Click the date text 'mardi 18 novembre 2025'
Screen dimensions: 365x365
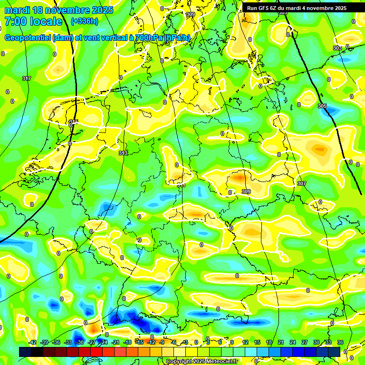(58, 10)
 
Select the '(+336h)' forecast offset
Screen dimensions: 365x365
(84, 21)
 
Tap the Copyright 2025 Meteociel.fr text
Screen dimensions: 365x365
(202, 361)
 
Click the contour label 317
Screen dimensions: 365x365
(27, 78)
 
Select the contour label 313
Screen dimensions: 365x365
(123, 153)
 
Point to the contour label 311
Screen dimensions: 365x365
(181, 185)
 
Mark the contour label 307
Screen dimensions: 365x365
(301, 183)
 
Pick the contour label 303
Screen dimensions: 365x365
(337, 48)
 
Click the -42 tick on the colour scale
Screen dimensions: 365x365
(32, 342)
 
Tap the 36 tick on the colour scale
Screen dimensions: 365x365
(340, 342)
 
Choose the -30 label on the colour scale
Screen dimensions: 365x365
(80, 342)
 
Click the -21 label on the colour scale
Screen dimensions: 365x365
(115, 342)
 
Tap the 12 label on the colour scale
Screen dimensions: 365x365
(245, 342)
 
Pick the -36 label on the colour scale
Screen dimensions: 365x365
(56, 342)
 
